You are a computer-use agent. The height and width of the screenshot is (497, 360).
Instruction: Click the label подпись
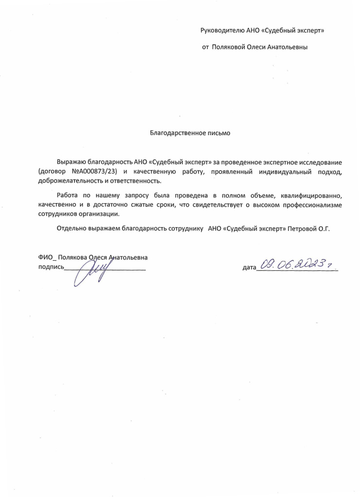(x=50, y=267)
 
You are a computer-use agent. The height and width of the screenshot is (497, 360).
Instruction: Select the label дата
(x=249, y=267)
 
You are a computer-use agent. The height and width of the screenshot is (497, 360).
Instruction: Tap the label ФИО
(x=45, y=257)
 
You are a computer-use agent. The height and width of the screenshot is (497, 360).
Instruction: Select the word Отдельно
(x=73, y=228)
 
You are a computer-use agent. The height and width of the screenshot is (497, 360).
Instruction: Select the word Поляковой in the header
(x=227, y=47)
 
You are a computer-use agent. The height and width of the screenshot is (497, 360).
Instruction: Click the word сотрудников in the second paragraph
(x=56, y=214)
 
